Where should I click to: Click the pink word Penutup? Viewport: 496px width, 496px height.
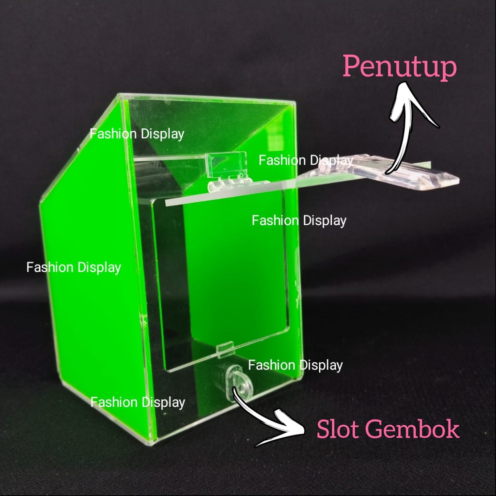[400, 67]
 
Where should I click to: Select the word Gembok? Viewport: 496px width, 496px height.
[411, 429]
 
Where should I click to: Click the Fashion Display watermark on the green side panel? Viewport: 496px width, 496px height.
[74, 267]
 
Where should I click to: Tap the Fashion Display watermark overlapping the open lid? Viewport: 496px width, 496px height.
[306, 160]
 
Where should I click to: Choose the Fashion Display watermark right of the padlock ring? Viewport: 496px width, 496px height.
[295, 365]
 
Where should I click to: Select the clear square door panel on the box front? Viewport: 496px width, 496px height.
[223, 281]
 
